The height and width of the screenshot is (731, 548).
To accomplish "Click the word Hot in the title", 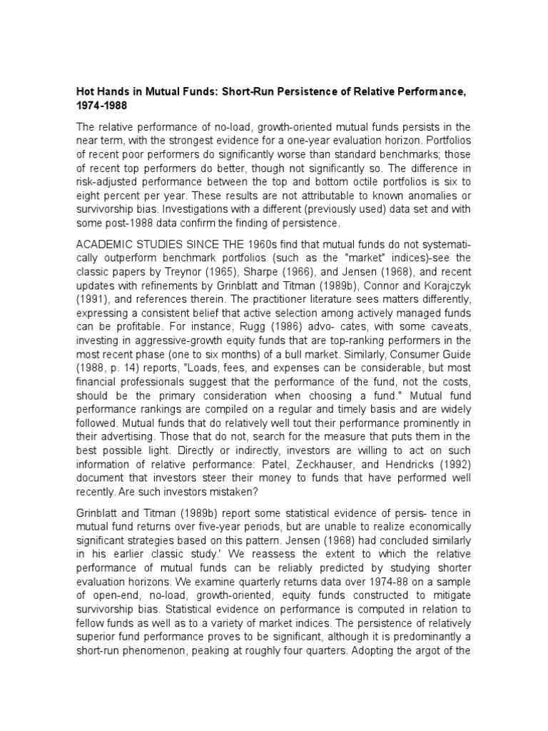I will pos(86,92).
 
